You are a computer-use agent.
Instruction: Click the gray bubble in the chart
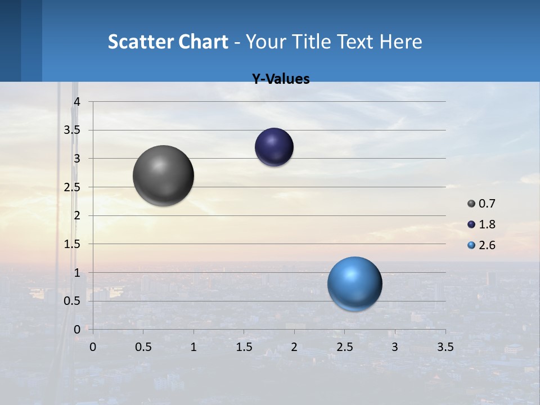coord(163,175)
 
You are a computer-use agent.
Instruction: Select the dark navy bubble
coord(274,147)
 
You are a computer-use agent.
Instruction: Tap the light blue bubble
coord(354,283)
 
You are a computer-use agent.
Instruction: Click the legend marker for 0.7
coord(471,204)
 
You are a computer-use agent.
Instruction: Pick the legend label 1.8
coord(487,224)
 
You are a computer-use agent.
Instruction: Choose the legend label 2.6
coord(487,245)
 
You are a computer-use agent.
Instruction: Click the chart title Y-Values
coord(280,79)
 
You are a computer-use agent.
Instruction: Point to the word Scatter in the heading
coord(140,42)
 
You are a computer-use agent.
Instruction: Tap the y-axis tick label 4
coord(78,101)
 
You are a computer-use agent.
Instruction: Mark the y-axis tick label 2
coord(78,215)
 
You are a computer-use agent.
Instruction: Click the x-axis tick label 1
coord(193,347)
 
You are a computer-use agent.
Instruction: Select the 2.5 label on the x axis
coord(344,347)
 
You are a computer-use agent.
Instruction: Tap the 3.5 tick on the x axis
coord(445,347)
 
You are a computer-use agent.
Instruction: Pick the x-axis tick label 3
coord(395,347)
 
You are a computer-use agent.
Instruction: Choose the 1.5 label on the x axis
coord(244,347)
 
